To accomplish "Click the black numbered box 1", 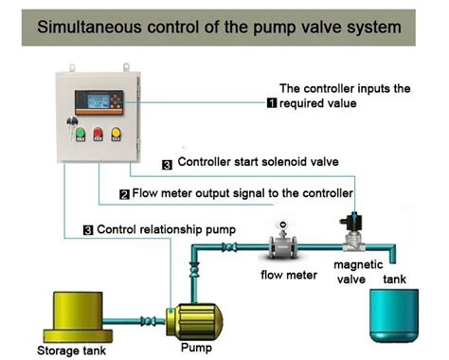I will [273, 103].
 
